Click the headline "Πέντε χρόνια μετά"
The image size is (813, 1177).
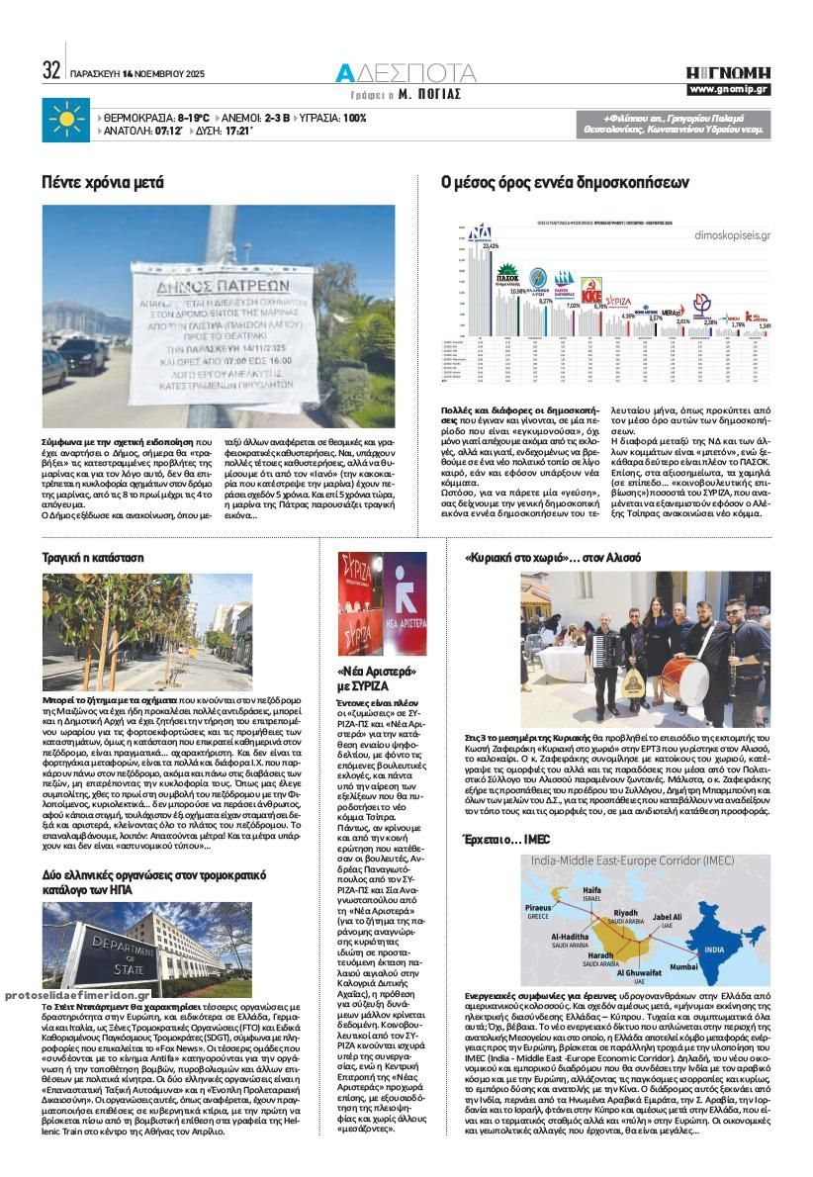[x=102, y=182]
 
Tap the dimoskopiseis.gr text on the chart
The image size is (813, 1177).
[x=733, y=237]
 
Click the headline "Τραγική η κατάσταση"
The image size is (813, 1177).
[x=92, y=557]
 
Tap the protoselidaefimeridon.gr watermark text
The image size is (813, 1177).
[x=77, y=996]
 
